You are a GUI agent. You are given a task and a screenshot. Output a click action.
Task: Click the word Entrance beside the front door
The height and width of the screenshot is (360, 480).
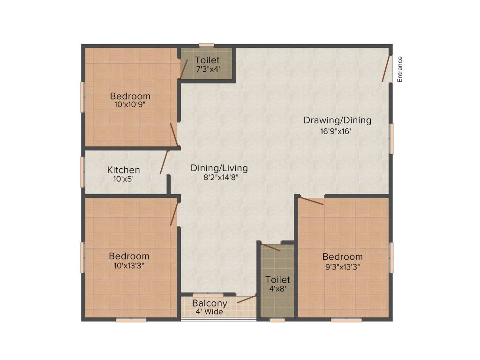[400, 69]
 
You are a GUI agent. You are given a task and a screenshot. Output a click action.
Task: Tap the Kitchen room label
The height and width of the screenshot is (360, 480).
[123, 170]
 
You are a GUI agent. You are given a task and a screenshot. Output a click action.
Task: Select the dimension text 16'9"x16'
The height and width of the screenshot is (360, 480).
[336, 131]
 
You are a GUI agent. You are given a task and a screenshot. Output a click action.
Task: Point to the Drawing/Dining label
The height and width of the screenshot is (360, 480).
[337, 120]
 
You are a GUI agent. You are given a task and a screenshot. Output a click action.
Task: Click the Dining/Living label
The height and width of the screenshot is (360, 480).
[219, 168]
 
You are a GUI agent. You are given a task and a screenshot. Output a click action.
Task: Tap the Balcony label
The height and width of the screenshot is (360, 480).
[210, 303]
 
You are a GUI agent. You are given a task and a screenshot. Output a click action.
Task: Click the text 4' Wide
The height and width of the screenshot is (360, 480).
[210, 312]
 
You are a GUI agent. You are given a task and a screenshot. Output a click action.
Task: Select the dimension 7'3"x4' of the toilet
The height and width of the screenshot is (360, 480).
[208, 69]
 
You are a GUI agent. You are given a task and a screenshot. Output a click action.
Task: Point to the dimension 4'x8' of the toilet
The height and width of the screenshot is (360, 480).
[277, 289]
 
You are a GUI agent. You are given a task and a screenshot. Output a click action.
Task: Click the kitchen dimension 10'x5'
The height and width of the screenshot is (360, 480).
[123, 179]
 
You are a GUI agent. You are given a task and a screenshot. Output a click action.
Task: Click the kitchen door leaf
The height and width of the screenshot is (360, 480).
[164, 162]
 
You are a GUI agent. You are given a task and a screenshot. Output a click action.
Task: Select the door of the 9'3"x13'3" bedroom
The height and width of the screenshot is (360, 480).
[311, 201]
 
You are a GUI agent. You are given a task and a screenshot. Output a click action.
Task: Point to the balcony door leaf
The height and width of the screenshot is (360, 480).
[247, 299]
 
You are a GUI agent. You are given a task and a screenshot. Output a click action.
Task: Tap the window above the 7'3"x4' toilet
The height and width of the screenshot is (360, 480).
[206, 45]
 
